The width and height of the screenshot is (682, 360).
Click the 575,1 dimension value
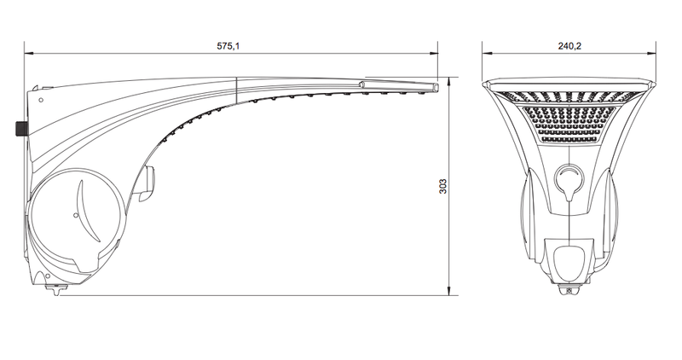pos(228,46)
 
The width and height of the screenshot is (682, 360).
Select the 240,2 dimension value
pos(569,46)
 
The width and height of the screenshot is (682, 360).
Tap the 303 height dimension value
pos(442,186)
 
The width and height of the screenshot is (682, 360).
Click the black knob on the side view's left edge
pos(20,129)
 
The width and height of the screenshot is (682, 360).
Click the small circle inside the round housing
pos(76,215)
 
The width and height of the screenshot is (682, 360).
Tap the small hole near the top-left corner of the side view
pos(41,100)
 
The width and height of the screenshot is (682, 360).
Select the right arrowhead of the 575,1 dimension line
pos(433,54)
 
